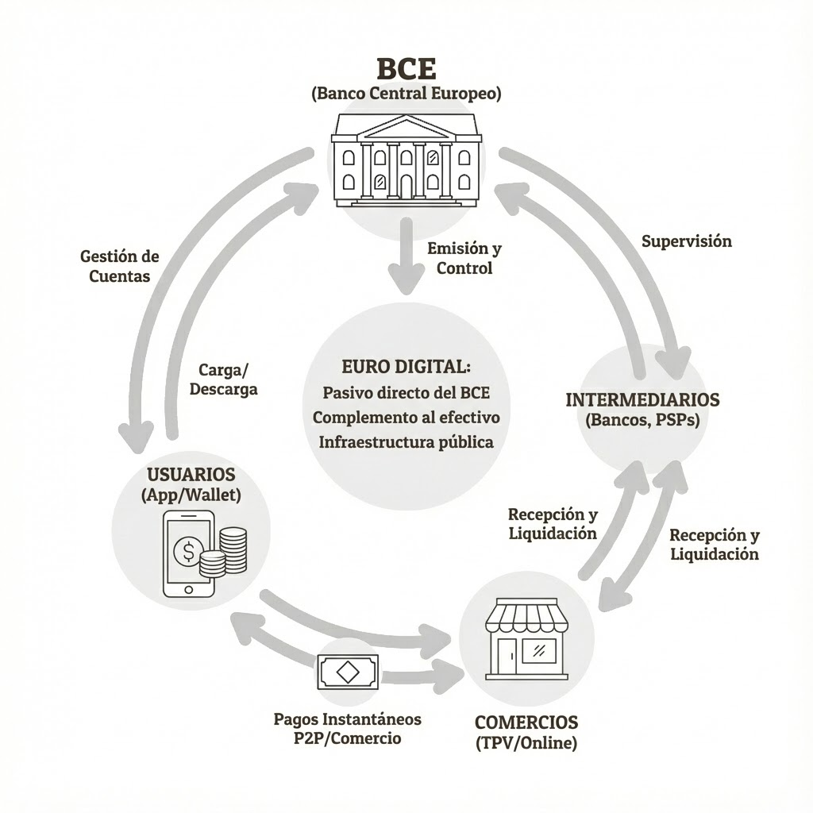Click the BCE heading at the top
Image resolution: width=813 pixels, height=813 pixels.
[406, 66]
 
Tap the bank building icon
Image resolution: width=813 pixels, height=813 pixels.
[406, 160]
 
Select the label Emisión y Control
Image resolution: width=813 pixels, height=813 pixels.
[464, 258]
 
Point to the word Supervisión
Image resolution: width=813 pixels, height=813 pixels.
[687, 241]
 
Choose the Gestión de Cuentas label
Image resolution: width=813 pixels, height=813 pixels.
[120, 266]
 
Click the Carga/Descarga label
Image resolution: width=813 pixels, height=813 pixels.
[228, 379]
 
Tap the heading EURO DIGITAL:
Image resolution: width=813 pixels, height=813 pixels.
[406, 367]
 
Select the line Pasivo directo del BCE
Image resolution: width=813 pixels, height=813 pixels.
[406, 392]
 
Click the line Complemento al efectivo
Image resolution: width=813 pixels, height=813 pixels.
[406, 417]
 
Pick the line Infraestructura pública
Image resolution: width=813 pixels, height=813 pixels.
[406, 441]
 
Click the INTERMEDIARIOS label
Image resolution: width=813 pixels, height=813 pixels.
[642, 399]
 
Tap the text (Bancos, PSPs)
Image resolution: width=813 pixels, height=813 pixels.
[642, 420]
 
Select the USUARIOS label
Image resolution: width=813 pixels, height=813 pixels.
[191, 475]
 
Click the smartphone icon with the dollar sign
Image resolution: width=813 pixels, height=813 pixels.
[187, 553]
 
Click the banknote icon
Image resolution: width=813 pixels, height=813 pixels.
[348, 672]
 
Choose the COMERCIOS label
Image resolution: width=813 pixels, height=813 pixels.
[526, 722]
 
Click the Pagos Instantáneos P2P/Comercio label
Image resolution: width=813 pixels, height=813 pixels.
[347, 728]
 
